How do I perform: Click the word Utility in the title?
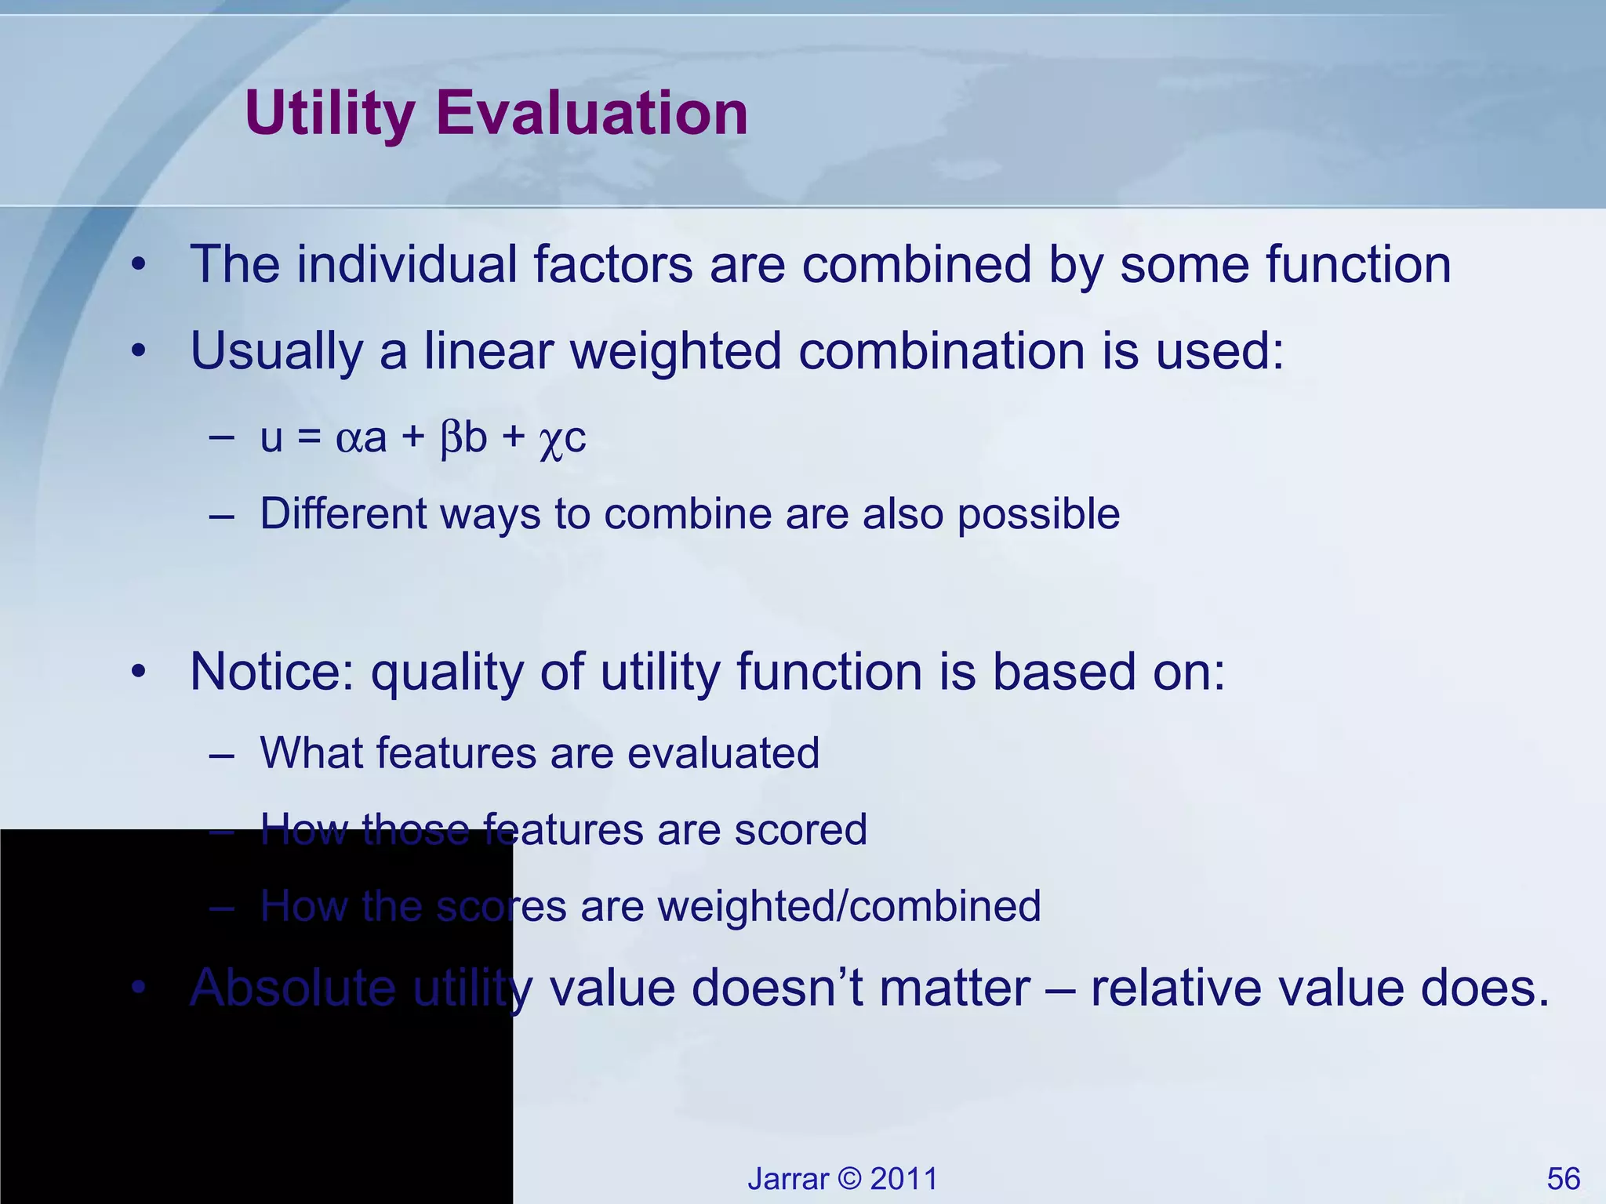coord(330,114)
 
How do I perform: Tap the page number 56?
coord(1563,1179)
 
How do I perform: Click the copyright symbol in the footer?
coord(849,1179)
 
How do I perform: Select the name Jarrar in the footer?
coord(787,1179)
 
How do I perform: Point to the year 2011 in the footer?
coord(903,1179)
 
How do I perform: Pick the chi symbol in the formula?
coord(550,441)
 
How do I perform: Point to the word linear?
coord(489,350)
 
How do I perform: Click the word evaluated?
coord(723,753)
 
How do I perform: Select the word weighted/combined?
coord(849,907)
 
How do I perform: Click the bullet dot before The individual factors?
coord(139,266)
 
